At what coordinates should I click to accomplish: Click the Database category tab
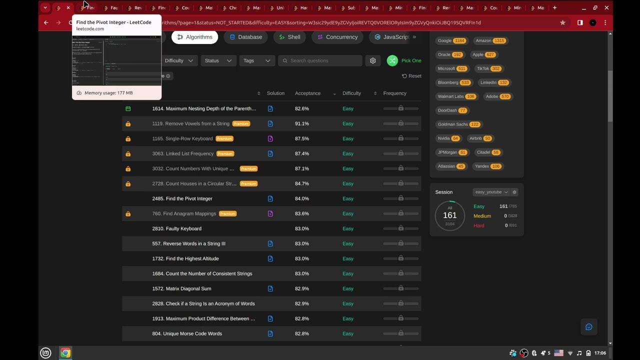point(245,37)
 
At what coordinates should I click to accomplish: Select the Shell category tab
point(289,37)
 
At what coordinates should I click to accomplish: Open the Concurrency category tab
point(337,37)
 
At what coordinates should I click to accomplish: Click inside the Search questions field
point(322,60)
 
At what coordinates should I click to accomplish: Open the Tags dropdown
point(257,60)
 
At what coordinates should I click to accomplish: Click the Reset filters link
point(411,76)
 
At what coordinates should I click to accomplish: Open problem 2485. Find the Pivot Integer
point(182,198)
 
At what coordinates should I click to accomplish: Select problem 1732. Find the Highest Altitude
point(185,258)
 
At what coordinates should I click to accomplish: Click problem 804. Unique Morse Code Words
point(187,333)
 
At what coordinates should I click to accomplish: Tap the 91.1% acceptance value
point(302,123)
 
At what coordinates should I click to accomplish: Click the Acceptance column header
point(307,93)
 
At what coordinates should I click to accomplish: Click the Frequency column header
point(394,93)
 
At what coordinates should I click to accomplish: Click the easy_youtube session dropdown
point(491,192)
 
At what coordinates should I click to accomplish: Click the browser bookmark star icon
point(563,22)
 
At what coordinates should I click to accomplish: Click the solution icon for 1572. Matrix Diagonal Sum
point(270,288)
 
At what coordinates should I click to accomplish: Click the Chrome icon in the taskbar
point(65,353)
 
